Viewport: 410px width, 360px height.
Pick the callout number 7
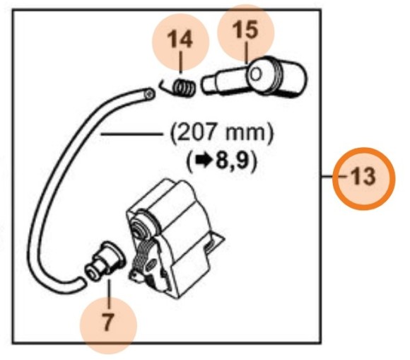coord(107,322)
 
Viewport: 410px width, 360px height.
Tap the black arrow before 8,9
coord(202,161)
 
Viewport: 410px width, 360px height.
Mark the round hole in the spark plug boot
coord(257,73)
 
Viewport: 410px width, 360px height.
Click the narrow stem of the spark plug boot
coord(216,83)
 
